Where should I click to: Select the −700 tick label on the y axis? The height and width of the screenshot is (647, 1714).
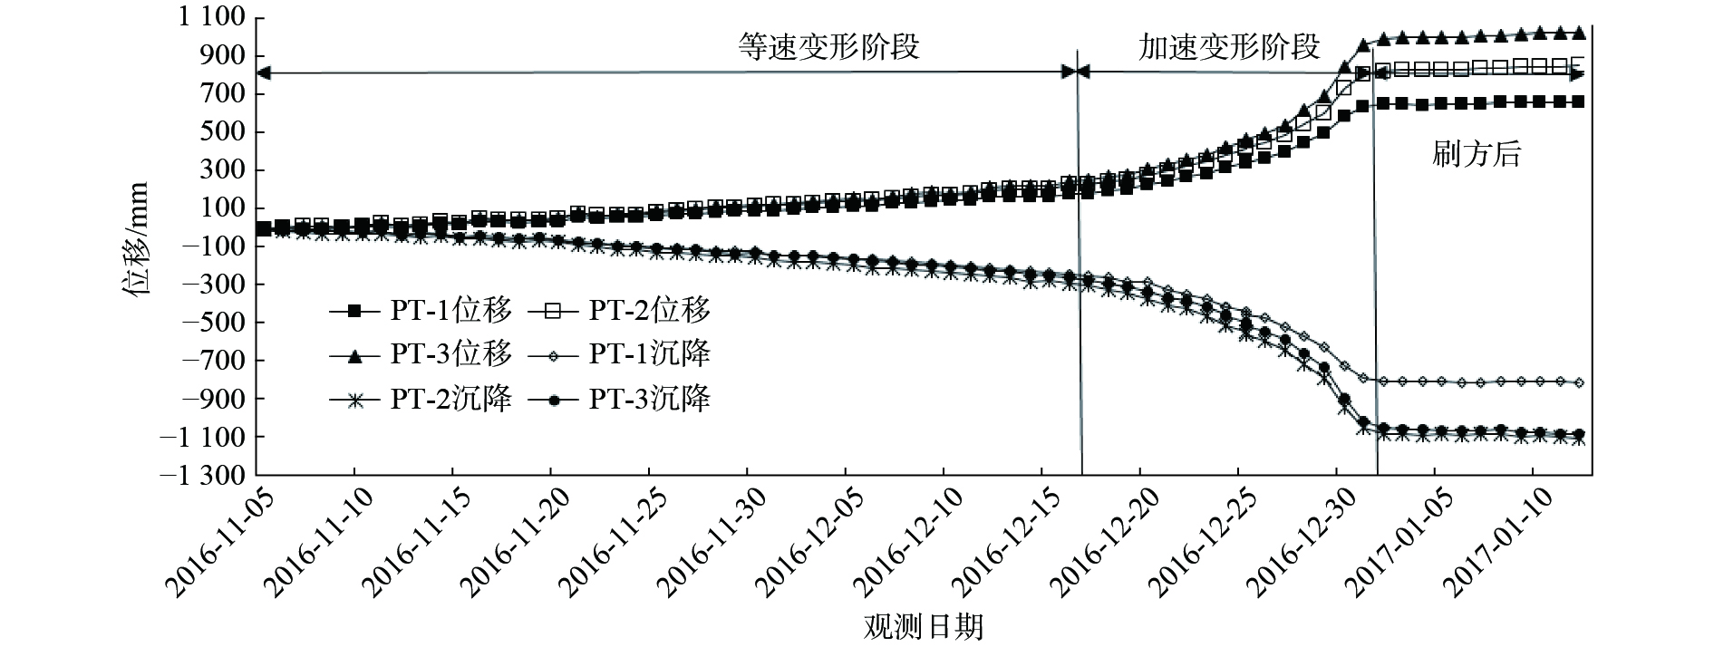pos(215,361)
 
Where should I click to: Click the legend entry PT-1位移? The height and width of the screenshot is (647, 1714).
pos(421,311)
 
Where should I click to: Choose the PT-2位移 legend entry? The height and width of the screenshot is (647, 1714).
pos(620,311)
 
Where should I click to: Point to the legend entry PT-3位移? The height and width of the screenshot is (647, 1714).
pos(421,354)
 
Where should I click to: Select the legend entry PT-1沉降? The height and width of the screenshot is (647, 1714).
pos(620,354)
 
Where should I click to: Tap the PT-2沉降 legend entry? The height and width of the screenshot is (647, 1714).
pos(421,399)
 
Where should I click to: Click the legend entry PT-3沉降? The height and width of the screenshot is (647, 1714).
pos(620,399)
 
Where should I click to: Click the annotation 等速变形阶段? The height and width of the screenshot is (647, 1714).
pos(828,47)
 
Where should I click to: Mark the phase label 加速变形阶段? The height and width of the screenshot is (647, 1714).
pos(1229,47)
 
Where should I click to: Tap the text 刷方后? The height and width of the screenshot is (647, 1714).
pos(1476,155)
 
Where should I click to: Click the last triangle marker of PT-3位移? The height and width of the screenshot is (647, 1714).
pos(1579,33)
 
